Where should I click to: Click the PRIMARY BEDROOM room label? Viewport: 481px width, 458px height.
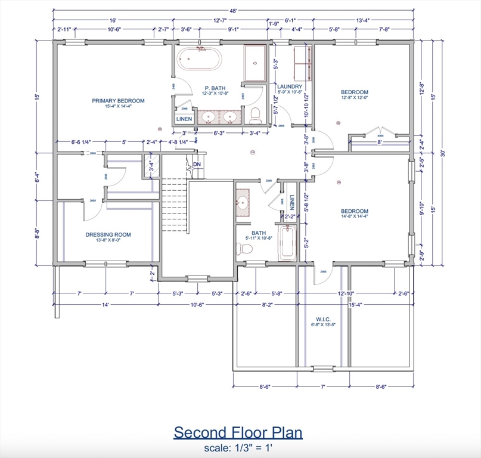pos(118,101)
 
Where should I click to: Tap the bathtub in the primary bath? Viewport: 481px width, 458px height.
pos(200,60)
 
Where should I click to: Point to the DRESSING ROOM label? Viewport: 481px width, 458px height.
pos(108,234)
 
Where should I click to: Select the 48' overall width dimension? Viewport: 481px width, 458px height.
pos(234,11)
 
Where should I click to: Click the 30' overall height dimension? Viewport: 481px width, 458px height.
pos(443,153)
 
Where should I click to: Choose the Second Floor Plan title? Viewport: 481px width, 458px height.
pos(238,432)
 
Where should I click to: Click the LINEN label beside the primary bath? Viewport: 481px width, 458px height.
pos(184,119)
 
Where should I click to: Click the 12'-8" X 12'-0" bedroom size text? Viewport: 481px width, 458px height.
pos(354,99)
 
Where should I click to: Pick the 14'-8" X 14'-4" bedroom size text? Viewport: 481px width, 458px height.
pos(354,218)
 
